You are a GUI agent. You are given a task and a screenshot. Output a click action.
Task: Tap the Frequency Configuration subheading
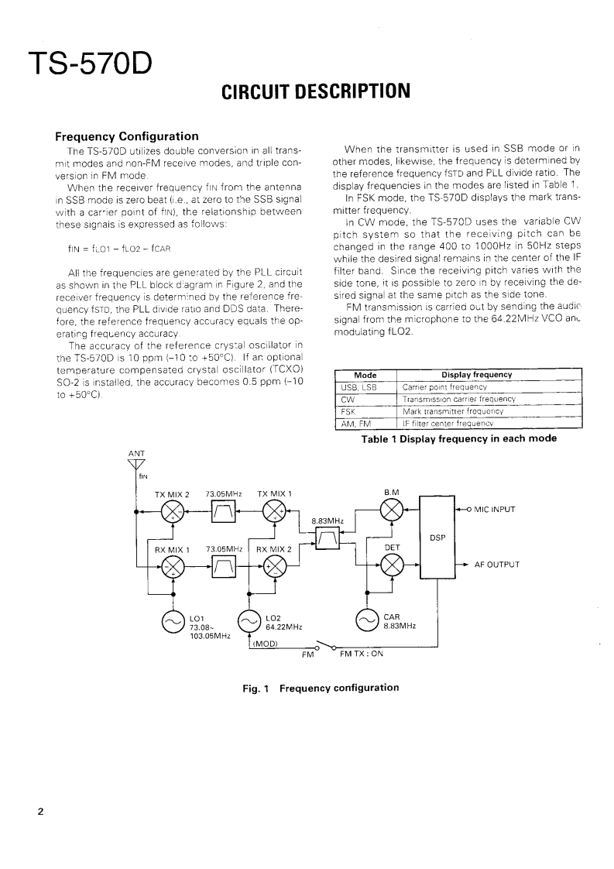pos(126,137)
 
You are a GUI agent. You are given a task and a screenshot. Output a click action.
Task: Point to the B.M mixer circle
pos(393,510)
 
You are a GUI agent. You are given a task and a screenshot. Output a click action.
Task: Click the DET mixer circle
pos(393,564)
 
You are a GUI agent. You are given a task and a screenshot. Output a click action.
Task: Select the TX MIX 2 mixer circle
pos(172,510)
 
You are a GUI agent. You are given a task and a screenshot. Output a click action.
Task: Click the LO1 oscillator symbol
pos(172,621)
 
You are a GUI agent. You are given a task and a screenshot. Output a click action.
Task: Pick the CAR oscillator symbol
pos(365,621)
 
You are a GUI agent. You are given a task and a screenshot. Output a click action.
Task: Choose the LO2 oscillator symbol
pos(249,621)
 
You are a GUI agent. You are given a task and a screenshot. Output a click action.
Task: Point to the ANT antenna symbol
pos(136,465)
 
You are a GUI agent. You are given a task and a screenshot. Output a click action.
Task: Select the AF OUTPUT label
pos(496,565)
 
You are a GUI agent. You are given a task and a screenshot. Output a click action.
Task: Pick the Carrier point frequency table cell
pos(444,386)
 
